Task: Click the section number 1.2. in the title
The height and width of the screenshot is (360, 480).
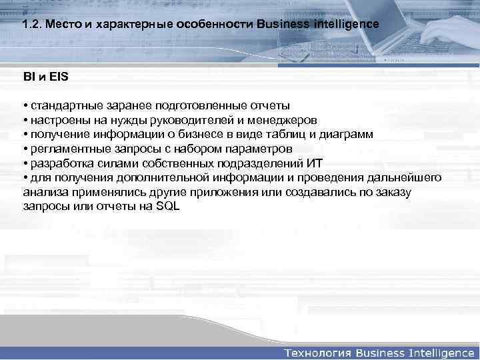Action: [31, 23]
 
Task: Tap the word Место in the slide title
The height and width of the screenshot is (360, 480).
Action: [61, 23]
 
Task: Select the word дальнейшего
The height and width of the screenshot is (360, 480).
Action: [406, 177]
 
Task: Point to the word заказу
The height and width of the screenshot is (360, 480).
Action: [395, 192]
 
